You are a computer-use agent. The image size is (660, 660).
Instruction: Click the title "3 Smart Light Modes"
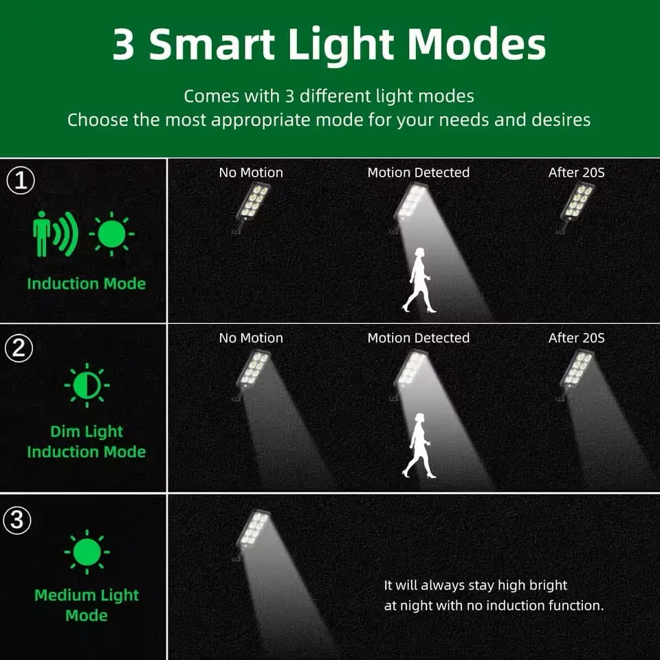(329, 45)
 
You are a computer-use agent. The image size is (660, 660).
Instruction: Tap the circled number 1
(21, 181)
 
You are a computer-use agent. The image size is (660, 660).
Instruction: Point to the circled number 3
(19, 520)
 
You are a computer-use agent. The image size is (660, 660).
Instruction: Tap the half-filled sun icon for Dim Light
(87, 385)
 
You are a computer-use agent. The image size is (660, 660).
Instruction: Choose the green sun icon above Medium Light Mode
(87, 552)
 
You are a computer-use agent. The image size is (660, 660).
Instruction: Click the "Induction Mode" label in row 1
(87, 283)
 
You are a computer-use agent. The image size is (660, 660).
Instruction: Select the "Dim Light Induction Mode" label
(87, 441)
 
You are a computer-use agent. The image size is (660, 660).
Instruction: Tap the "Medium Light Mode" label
(87, 605)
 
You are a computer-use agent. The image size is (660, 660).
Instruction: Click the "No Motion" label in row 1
(251, 173)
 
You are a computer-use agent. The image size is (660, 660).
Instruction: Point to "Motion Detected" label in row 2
(418, 338)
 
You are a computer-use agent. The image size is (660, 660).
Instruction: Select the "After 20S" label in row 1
(576, 173)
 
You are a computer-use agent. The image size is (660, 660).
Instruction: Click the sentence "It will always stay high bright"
(476, 586)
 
